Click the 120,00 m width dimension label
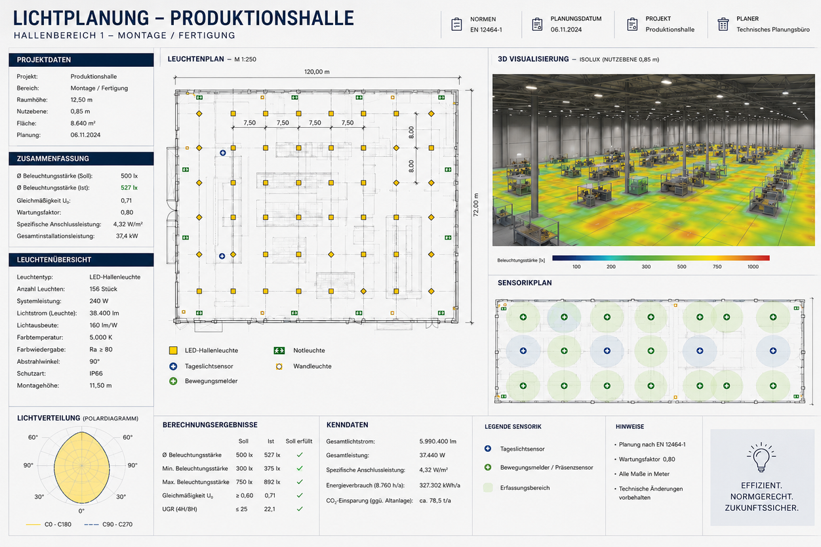tap(317, 72)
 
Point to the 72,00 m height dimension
tap(475, 205)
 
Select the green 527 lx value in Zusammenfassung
tap(129, 188)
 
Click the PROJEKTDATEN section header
tap(44, 60)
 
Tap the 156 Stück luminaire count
tap(104, 289)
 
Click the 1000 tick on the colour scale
tap(753, 266)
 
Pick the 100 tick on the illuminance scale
tap(576, 266)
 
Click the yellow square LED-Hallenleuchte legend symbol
tap(173, 350)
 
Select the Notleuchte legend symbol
tap(279, 350)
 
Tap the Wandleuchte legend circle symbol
tap(279, 366)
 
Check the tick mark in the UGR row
tap(300, 509)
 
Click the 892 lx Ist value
tap(272, 482)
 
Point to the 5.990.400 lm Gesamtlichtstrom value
tap(437, 441)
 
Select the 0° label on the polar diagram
tap(81, 511)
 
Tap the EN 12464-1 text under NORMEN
tap(486, 30)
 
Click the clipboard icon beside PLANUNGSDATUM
tap(537, 24)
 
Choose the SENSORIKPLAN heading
tap(525, 283)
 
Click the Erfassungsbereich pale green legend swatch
tap(488, 487)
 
